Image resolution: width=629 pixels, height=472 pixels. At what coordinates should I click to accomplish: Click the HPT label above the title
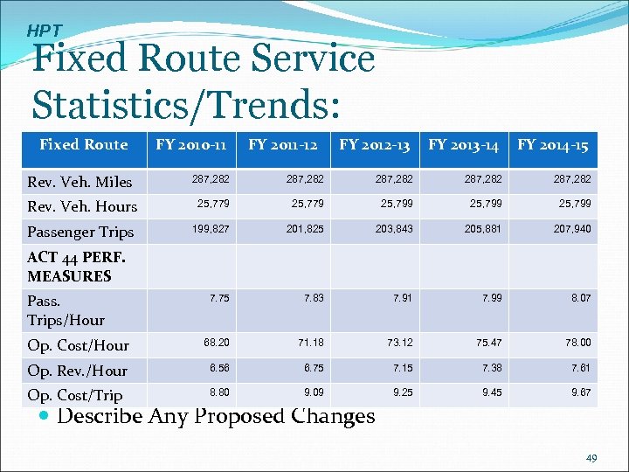44,31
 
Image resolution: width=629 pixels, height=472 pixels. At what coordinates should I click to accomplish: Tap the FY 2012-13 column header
374,144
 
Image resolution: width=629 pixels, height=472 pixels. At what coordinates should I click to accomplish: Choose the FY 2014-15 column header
553,144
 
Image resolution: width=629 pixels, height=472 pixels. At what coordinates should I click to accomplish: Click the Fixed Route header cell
84,144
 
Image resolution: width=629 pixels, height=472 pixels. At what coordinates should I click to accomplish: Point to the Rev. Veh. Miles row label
79,182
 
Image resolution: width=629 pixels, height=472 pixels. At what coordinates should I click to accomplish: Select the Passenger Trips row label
80,232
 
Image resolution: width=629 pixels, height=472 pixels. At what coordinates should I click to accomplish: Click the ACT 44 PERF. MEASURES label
76,267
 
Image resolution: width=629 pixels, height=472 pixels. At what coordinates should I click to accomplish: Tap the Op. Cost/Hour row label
78,345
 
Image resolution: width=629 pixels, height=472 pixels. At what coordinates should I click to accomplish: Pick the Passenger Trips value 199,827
211,228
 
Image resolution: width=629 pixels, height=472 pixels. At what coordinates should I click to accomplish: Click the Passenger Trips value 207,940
572,228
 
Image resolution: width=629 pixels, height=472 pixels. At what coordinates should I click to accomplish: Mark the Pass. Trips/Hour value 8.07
578,298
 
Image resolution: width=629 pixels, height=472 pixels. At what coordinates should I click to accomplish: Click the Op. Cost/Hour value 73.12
400,342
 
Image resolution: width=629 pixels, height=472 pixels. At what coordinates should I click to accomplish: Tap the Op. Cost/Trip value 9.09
311,392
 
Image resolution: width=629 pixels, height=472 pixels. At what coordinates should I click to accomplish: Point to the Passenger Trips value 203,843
394,228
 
